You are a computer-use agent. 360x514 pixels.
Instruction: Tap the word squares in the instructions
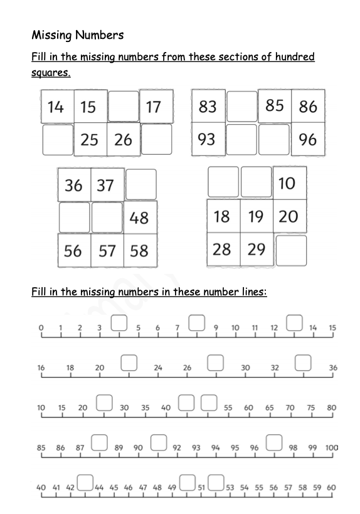(50, 73)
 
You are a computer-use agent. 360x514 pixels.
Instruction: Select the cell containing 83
(208, 107)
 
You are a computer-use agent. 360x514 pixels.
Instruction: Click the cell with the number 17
(154, 107)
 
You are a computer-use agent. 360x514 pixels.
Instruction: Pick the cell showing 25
(90, 139)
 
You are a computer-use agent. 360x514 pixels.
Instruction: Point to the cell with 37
(106, 185)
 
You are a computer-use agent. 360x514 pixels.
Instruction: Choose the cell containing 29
(256, 249)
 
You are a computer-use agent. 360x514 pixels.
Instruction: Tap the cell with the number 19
(256, 217)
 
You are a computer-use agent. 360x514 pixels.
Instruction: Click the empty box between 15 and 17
(123, 107)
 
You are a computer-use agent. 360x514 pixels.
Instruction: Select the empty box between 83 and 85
(241, 107)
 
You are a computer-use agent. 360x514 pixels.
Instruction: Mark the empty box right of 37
(140, 184)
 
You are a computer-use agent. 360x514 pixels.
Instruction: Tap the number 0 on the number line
(41, 328)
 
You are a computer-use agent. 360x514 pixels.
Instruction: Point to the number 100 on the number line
(332, 448)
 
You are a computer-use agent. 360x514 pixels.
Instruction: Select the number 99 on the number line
(313, 448)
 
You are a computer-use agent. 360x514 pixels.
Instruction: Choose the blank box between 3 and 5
(119, 323)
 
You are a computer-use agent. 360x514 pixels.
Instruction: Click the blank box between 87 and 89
(99, 443)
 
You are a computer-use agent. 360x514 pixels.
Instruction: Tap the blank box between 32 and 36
(304, 363)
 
